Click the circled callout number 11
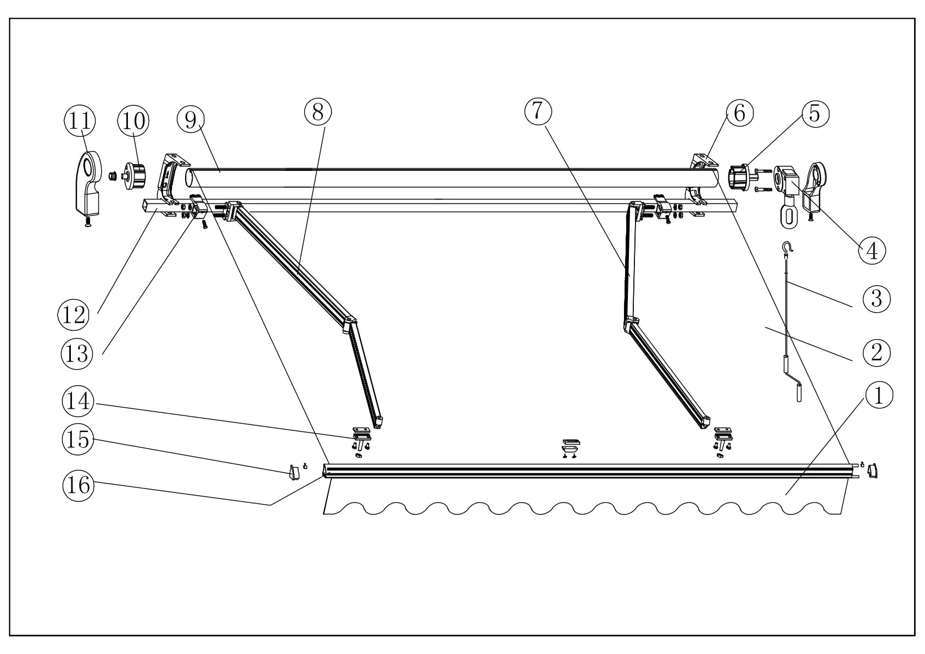pyautogui.click(x=80, y=121)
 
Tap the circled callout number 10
pyautogui.click(x=133, y=121)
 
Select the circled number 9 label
pyautogui.click(x=191, y=119)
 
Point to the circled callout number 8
pyautogui.click(x=318, y=112)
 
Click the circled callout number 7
pyautogui.click(x=538, y=112)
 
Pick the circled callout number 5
pyautogui.click(x=815, y=113)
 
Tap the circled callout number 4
pyautogui.click(x=872, y=251)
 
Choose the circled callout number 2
pyautogui.click(x=876, y=352)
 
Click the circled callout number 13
pyautogui.click(x=77, y=353)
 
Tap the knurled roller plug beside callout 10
pyautogui.click(x=136, y=175)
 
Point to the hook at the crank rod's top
pyautogui.click(x=788, y=248)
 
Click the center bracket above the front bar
pyautogui.click(x=569, y=445)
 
